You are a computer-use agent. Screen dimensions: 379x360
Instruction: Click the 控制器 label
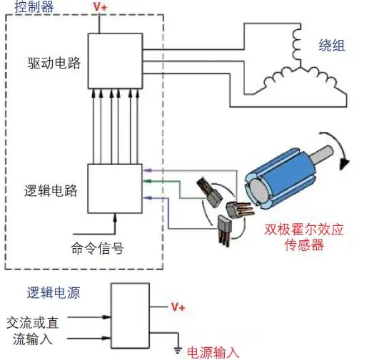[x=34, y=6]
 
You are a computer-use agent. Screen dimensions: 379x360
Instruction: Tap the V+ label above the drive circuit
[x=100, y=6]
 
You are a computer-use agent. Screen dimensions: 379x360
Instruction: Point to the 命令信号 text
[x=97, y=248]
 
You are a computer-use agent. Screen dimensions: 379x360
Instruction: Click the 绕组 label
[x=332, y=45]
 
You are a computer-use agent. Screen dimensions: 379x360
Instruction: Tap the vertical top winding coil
[x=297, y=45]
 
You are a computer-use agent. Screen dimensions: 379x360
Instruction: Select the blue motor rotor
[x=281, y=178]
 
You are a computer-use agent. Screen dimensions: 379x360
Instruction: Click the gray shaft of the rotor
[x=321, y=155]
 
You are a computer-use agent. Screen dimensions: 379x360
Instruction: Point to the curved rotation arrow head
[x=344, y=164]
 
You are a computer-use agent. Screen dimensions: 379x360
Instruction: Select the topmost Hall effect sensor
[x=210, y=192]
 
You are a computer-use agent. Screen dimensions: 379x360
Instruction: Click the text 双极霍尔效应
[x=304, y=229]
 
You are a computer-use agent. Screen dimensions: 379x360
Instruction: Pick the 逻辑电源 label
[x=54, y=293]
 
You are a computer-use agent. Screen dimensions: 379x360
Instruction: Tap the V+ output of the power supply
[x=178, y=307]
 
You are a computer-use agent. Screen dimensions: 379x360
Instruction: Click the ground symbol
[x=178, y=350]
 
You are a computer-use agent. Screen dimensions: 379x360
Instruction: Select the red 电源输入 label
[x=213, y=353]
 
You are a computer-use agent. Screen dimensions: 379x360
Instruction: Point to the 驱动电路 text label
[x=54, y=63]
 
